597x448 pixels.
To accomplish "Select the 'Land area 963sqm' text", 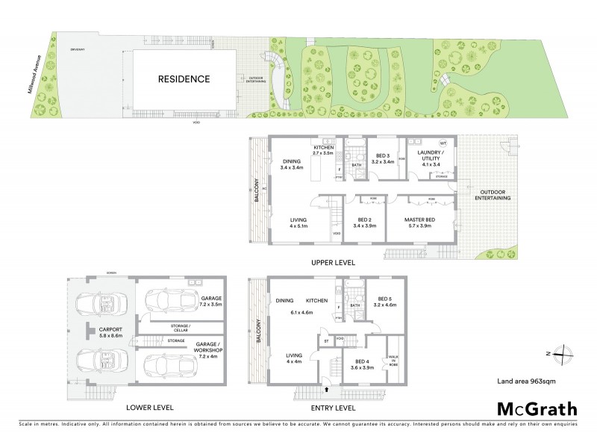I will click(528, 381).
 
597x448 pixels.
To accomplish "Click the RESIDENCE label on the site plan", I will click(183, 78).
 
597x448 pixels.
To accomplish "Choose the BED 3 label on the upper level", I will click(384, 158).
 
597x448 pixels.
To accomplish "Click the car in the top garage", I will click(166, 302).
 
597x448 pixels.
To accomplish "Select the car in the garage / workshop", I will click(166, 367).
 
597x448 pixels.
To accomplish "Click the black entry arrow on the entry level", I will click(327, 388).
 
